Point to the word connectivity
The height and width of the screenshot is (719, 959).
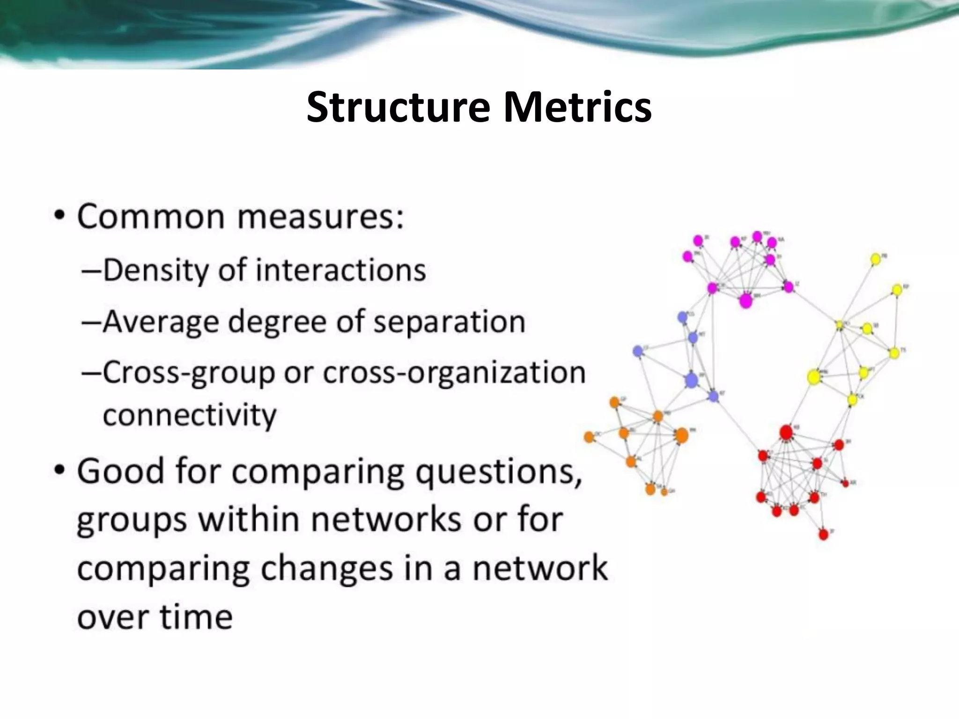coord(190,415)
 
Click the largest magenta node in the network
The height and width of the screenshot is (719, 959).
coord(745,301)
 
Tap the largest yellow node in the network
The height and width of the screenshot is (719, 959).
coord(814,377)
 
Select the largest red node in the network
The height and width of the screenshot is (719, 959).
coord(786,432)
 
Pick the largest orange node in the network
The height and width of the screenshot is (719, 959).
coord(682,435)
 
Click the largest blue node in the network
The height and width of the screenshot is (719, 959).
coord(691,381)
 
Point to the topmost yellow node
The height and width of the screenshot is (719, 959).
coord(875,259)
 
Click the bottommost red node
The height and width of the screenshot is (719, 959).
coord(824,534)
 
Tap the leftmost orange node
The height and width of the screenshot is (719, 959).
coord(589,437)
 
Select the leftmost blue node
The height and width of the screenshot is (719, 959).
coord(637,351)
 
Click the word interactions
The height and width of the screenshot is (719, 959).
coord(341,271)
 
